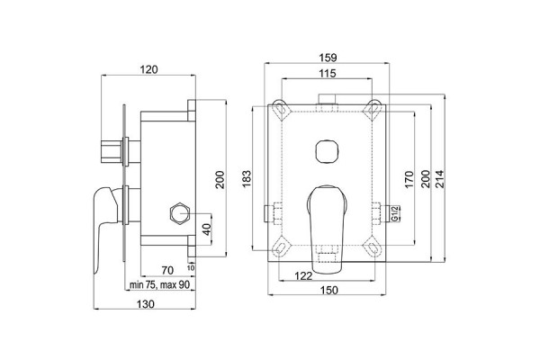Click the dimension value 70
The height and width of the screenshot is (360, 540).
point(167,269)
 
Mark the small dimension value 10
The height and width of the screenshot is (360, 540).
point(192,266)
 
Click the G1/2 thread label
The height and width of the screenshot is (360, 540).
point(395,214)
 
